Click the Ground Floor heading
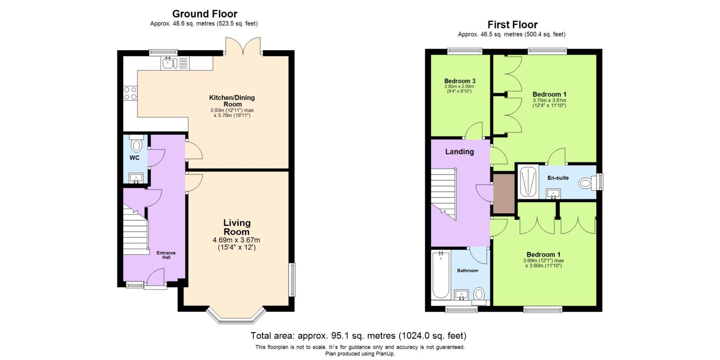205,14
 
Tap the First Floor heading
512,25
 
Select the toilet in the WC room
136,144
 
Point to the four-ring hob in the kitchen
130,93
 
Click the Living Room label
237,227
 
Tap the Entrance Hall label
166,255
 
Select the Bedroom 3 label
459,81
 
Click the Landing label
459,152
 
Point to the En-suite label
558,178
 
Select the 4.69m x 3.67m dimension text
236,240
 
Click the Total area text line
358,335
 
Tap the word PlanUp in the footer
386,354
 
